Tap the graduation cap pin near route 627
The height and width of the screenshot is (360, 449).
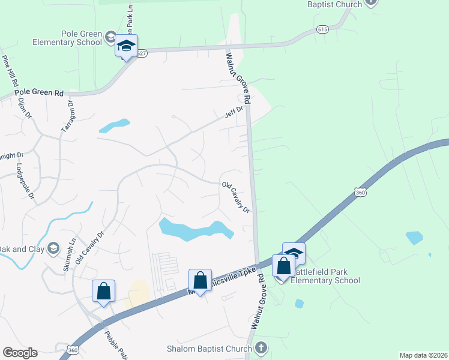pyautogui.click(x=127, y=47)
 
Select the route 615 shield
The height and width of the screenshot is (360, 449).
pyautogui.click(x=323, y=29)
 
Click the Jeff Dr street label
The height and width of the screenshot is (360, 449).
pyautogui.click(x=234, y=112)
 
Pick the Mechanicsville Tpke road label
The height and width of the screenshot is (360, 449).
pyautogui.click(x=227, y=279)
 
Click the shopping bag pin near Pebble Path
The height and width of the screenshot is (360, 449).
pyautogui.click(x=103, y=292)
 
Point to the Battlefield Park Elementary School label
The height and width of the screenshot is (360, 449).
pyautogui.click(x=325, y=277)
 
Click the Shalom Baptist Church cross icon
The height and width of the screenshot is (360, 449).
pyautogui.click(x=261, y=347)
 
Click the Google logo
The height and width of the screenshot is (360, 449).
pyautogui.click(x=20, y=353)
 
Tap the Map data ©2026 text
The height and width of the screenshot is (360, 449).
pyautogui.click(x=423, y=355)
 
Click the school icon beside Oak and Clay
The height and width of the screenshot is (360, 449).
pyautogui.click(x=53, y=248)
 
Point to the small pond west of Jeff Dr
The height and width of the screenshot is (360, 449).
pyautogui.click(x=114, y=125)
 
